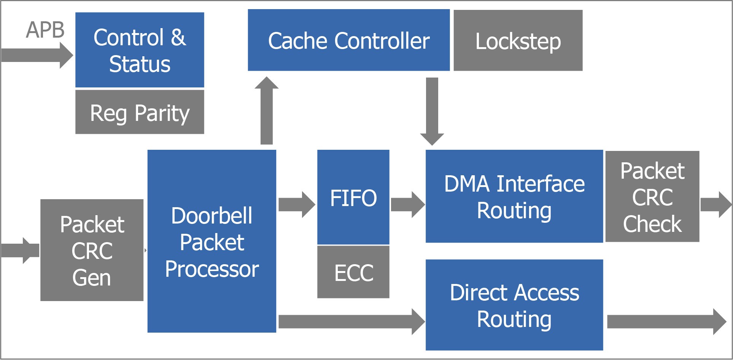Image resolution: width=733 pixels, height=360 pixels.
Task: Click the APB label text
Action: [45, 30]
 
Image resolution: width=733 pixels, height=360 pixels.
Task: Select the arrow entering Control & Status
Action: [36, 56]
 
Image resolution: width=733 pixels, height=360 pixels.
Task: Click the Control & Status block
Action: [140, 50]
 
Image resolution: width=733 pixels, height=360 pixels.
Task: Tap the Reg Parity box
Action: [140, 113]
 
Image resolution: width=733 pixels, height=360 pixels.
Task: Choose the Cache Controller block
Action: [348, 40]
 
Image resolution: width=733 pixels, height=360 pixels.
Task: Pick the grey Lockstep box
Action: [518, 41]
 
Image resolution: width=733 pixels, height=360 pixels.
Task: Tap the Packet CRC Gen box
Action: [92, 250]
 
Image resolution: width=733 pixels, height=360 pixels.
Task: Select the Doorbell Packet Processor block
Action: [211, 241]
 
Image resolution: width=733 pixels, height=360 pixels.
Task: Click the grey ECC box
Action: [353, 272]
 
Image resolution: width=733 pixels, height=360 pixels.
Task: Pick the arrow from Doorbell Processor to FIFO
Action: [296, 205]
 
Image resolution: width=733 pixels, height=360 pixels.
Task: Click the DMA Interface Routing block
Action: [514, 197]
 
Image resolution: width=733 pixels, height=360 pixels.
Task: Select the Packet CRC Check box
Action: [652, 197]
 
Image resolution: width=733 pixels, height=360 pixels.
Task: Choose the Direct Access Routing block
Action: [514, 305]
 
